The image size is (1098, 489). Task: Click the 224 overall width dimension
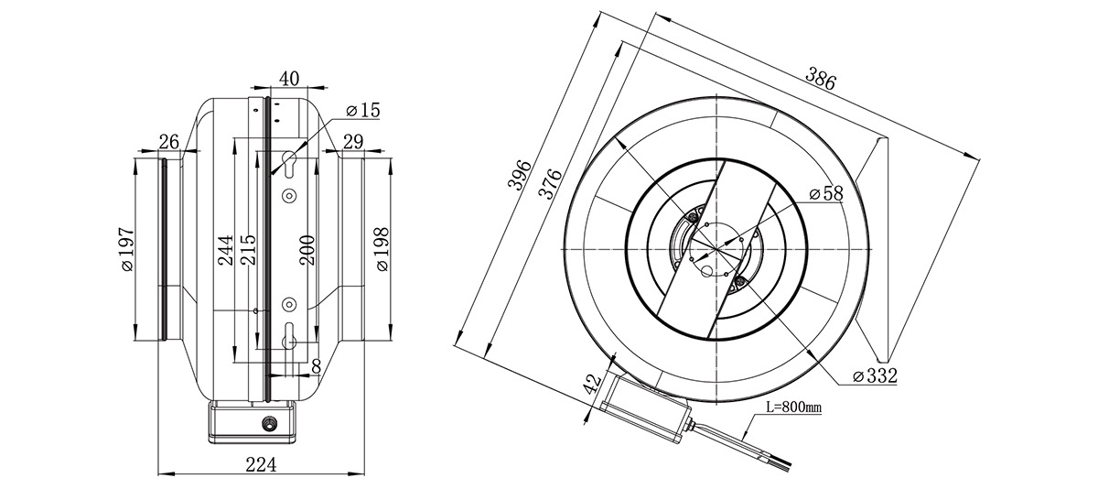(x=261, y=464)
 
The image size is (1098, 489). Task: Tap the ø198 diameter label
(x=382, y=249)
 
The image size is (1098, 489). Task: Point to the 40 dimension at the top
(x=289, y=79)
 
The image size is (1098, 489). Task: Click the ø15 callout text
(x=362, y=111)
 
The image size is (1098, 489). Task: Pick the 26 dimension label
(x=169, y=142)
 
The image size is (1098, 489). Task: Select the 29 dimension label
(x=353, y=142)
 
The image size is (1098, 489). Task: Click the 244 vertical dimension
(x=225, y=250)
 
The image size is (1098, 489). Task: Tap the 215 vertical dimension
(x=249, y=250)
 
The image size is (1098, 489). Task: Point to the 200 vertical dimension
(x=307, y=250)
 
